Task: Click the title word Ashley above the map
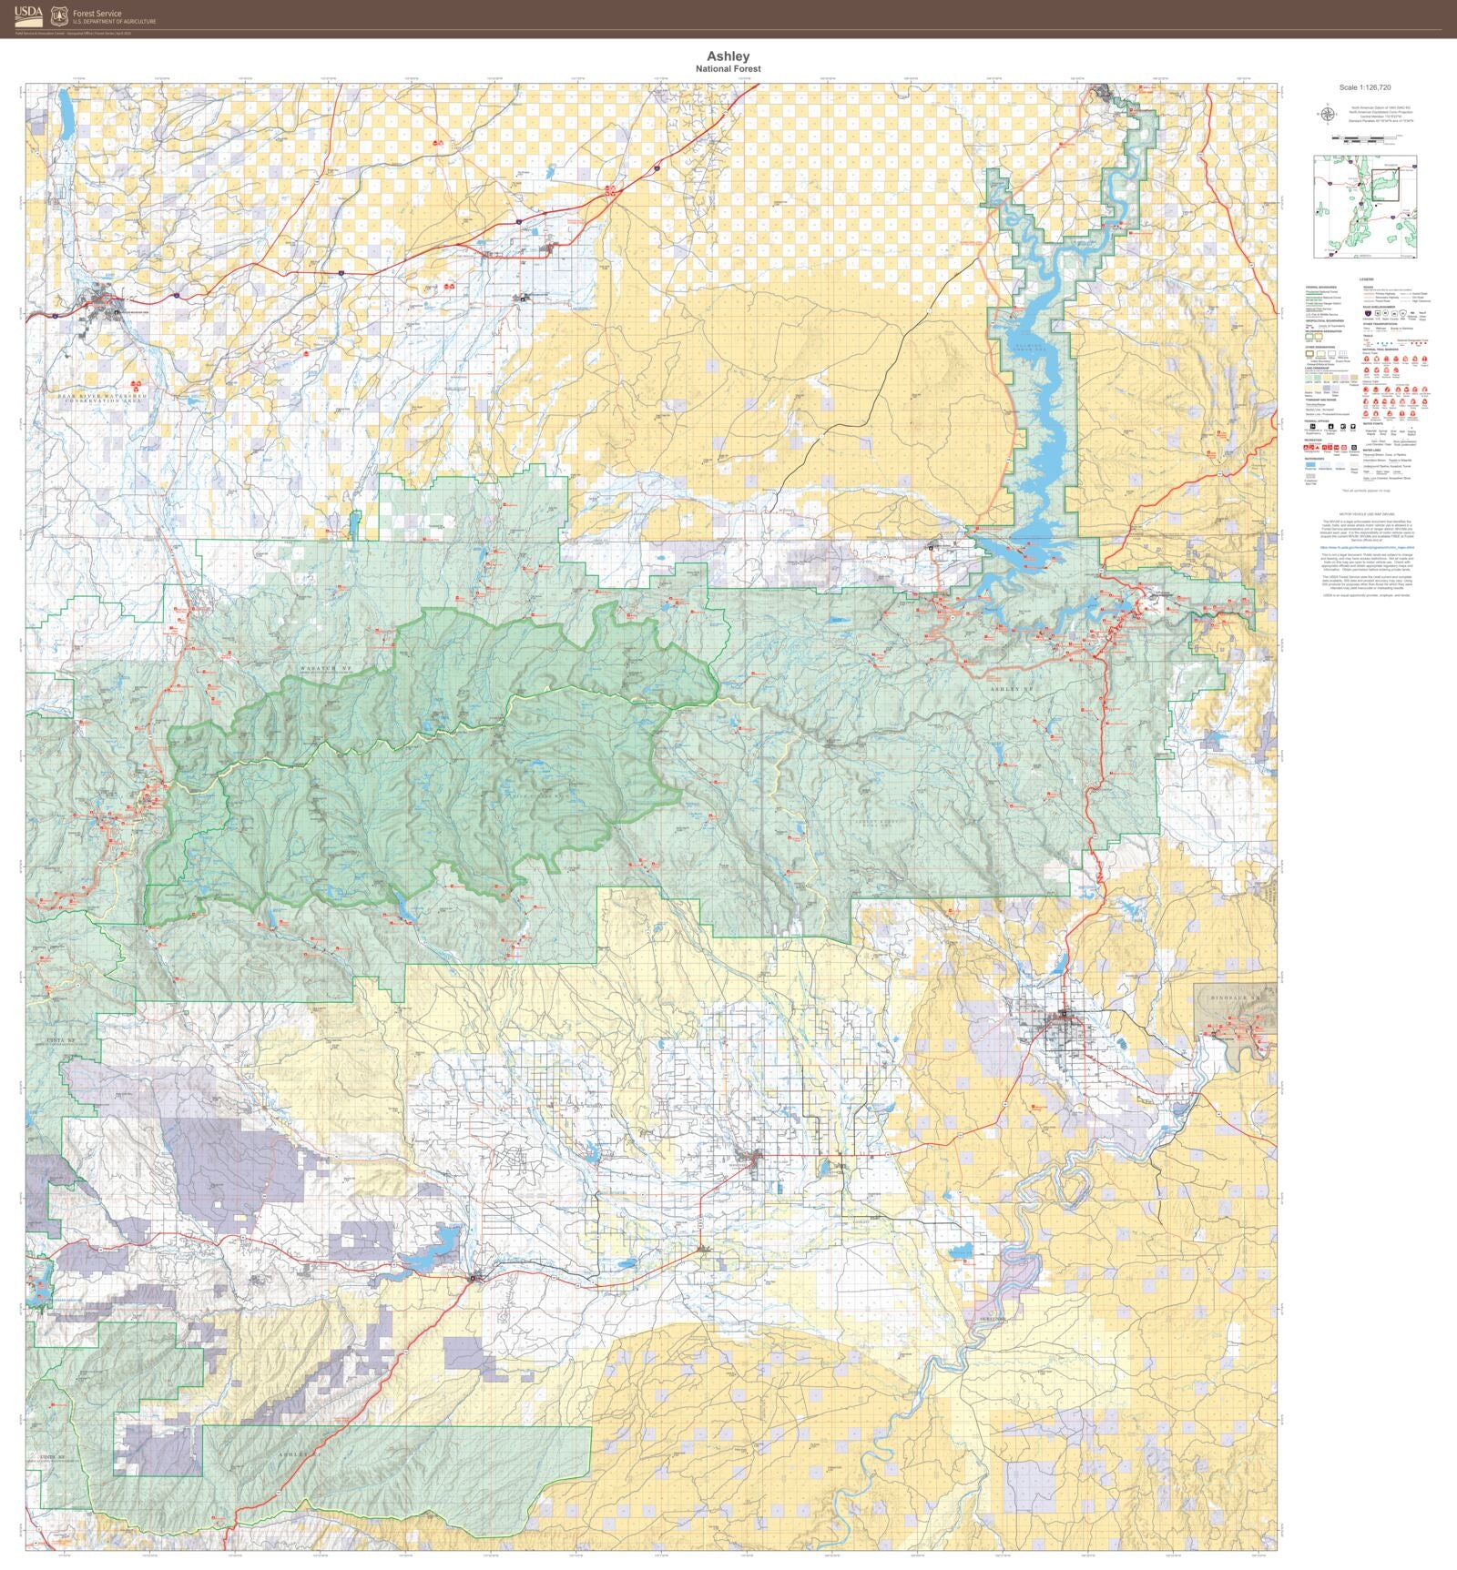click(728, 56)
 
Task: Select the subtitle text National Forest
click(728, 69)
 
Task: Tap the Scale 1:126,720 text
click(1364, 88)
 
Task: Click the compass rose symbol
click(1327, 115)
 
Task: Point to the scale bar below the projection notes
click(1364, 138)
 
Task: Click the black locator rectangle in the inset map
click(1384, 183)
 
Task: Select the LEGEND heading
click(1366, 279)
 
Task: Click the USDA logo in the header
click(28, 15)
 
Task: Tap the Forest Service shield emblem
click(59, 15)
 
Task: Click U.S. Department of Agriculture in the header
click(114, 22)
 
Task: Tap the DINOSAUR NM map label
click(1237, 998)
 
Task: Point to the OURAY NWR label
click(992, 1318)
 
